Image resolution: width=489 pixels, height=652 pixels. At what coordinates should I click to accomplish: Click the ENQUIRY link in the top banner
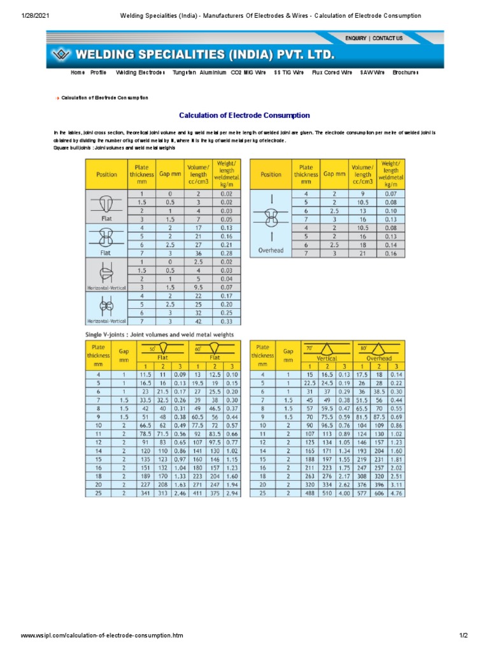355,38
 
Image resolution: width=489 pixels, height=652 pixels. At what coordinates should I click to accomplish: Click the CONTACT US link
388,38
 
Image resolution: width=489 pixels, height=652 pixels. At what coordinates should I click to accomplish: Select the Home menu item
78,73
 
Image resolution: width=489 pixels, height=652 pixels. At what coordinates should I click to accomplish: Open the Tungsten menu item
184,73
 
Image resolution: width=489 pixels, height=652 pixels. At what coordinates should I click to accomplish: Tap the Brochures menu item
406,73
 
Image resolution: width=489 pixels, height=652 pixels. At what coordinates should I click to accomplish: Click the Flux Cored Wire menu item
332,73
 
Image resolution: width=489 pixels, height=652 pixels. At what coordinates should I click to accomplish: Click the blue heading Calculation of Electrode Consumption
244,115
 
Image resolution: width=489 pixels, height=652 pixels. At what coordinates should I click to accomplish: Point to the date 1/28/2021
19,15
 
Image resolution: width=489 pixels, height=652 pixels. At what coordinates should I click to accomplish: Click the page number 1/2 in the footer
463,635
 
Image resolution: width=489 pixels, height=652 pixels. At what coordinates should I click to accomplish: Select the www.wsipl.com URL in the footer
102,635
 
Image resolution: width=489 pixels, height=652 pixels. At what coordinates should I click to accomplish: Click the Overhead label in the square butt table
271,250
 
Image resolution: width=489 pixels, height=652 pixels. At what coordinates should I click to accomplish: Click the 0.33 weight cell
225,322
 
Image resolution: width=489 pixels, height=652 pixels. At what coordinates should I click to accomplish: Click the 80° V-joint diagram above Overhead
380,348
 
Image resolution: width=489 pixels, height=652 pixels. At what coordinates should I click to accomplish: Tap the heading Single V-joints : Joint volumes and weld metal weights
160,334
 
